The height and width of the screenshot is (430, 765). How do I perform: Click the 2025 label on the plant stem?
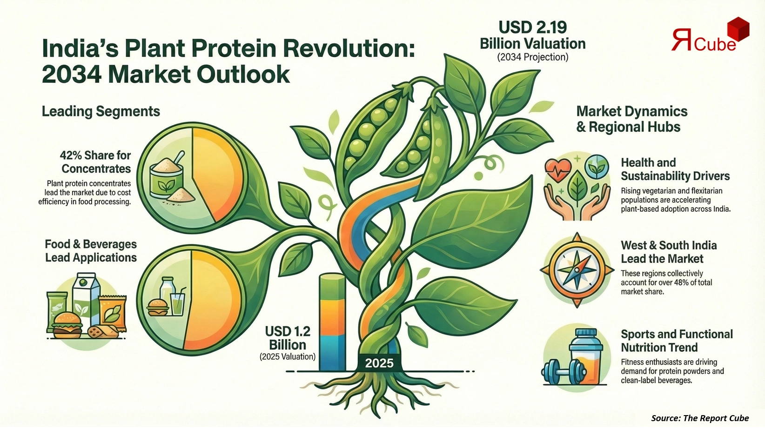click(379, 363)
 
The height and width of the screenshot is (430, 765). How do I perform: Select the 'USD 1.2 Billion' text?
click(287, 338)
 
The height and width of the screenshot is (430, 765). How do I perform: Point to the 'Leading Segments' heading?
click(101, 111)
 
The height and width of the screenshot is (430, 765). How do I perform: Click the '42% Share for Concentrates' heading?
click(95, 162)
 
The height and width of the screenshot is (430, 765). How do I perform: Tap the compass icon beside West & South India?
click(577, 269)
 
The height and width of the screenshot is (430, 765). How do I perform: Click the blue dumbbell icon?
click(563, 372)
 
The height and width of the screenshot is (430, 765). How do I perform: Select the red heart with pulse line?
click(557, 167)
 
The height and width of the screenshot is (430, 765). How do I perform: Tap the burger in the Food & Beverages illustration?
click(67, 324)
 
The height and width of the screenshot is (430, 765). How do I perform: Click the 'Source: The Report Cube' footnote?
click(699, 418)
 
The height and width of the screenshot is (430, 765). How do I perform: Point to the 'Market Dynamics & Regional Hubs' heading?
click(631, 119)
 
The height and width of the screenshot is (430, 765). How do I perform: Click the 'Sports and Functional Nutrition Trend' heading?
click(676, 341)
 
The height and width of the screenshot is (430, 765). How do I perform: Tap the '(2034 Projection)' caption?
click(532, 57)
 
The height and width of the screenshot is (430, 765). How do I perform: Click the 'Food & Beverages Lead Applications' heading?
click(91, 251)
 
